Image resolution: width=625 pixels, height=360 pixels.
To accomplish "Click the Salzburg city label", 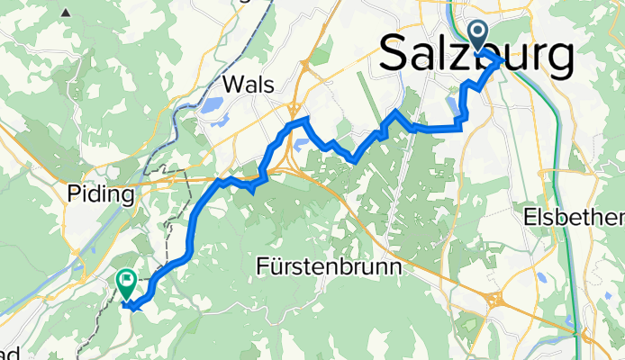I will click(x=477, y=56).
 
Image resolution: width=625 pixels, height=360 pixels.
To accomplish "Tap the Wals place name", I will click(x=248, y=85).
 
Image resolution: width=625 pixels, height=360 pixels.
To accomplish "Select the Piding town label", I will click(x=101, y=194).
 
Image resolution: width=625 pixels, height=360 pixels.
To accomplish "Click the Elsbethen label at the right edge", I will click(x=575, y=219).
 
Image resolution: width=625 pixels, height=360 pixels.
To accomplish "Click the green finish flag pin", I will click(x=126, y=284).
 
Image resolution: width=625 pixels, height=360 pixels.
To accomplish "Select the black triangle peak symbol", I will click(x=67, y=13).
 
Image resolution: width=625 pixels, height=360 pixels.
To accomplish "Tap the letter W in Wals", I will click(x=231, y=85).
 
